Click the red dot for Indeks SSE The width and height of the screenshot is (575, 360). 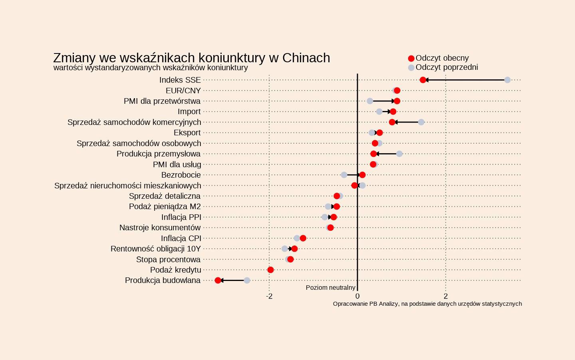(423, 80)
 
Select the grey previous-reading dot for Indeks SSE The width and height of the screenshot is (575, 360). (508, 80)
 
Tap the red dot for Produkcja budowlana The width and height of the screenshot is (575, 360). (218, 281)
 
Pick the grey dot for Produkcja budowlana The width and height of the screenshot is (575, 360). (247, 281)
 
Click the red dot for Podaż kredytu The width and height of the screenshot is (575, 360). (270, 270)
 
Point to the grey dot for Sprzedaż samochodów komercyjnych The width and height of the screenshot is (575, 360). (421, 122)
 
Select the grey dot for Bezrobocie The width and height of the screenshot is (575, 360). (344, 175)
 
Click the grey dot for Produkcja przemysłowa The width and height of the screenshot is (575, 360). (399, 154)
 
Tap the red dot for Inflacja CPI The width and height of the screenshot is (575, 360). (303, 238)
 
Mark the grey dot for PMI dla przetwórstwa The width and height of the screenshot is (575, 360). (370, 101)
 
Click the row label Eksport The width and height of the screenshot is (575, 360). (187, 133)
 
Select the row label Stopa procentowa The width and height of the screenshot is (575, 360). (168, 259)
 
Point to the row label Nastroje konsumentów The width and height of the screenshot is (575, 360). (160, 227)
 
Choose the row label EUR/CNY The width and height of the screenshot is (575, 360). (183, 91)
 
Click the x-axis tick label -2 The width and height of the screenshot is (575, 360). (269, 296)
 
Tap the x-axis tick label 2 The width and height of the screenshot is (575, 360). (446, 296)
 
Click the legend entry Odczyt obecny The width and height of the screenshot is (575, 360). (442, 58)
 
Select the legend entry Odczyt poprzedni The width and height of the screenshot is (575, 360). (446, 67)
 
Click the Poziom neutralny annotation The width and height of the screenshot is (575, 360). (330, 288)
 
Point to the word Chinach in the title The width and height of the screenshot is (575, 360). (306, 58)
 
